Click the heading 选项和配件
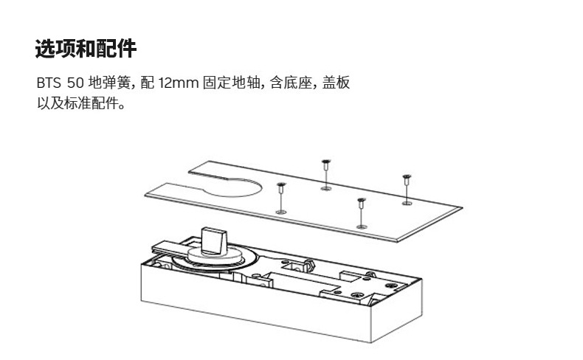(x=86, y=49)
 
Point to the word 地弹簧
(x=109, y=83)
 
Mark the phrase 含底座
(x=288, y=83)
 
